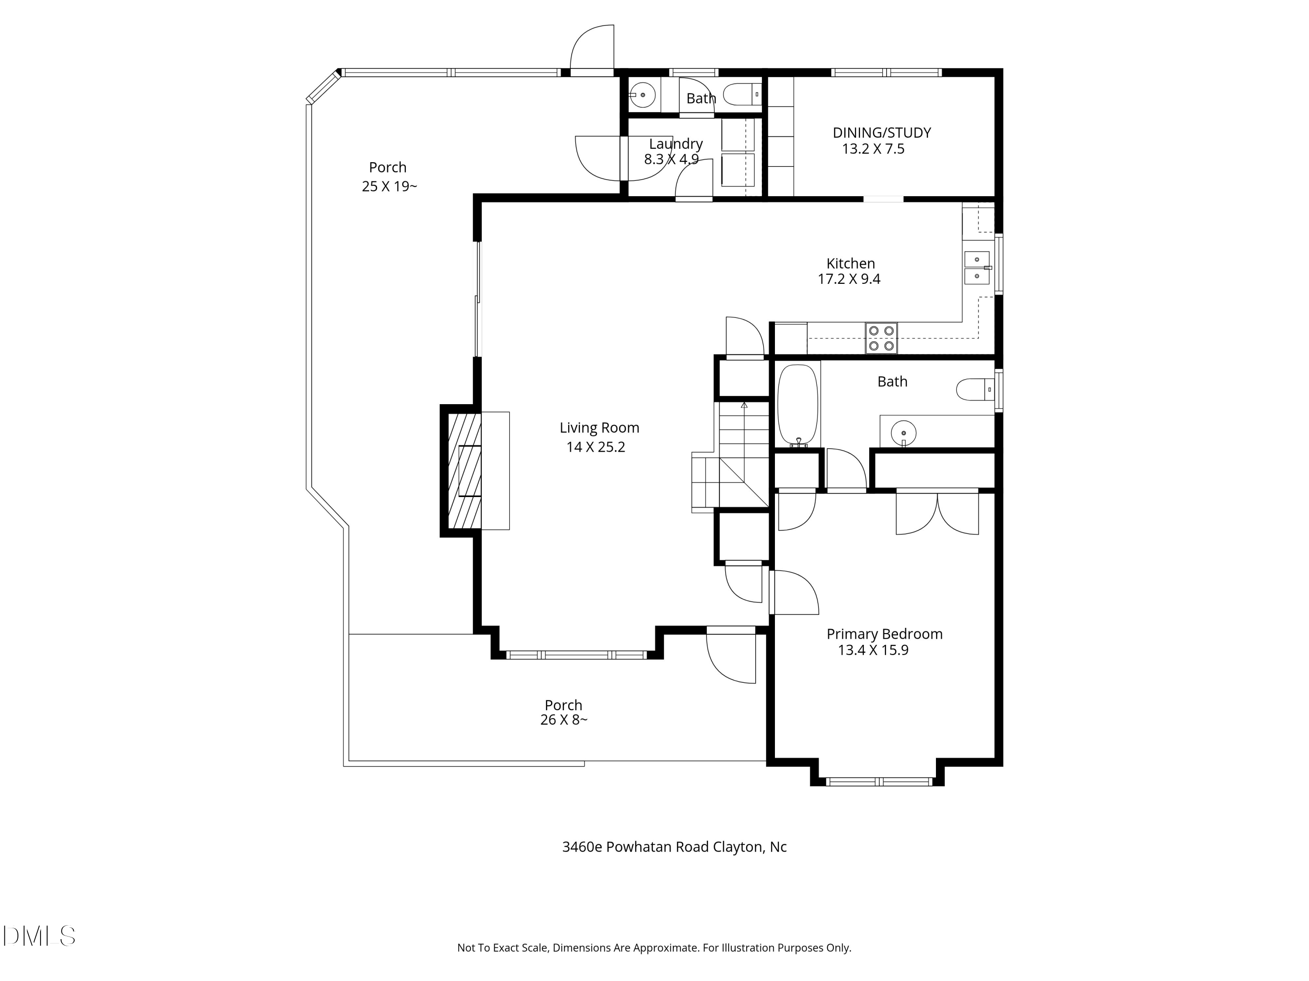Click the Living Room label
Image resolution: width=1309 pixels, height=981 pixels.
(599, 428)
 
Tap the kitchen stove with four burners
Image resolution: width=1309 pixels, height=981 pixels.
(881, 338)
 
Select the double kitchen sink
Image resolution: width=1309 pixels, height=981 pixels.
(977, 268)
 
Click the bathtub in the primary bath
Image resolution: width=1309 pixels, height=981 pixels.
(797, 405)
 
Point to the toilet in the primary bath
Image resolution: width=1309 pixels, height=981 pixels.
(973, 390)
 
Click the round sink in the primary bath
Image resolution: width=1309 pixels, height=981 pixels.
(903, 433)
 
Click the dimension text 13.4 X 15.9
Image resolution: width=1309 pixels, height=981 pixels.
(873, 651)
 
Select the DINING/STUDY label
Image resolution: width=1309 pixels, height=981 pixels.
(882, 133)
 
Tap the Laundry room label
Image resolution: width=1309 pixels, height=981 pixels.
(676, 144)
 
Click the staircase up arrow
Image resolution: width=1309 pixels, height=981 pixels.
(744, 405)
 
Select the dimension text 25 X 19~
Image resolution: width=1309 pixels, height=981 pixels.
(389, 186)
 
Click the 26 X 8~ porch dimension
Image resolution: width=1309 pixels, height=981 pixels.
(563, 720)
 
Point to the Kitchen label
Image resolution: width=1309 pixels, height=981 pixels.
(850, 263)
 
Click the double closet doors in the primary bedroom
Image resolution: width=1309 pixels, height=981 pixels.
(937, 512)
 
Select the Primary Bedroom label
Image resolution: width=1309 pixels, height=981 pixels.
(884, 634)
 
